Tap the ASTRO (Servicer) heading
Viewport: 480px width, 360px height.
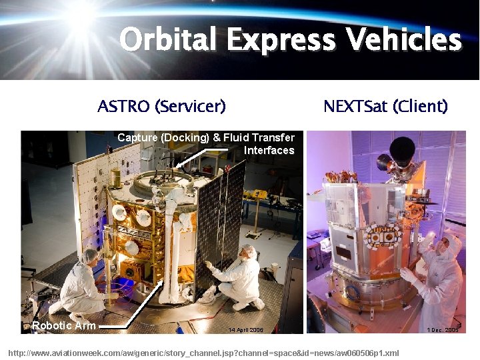pyautogui.click(x=161, y=106)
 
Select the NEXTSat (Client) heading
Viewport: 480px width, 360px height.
pyautogui.click(x=385, y=106)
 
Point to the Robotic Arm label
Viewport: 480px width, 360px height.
pyautogui.click(x=64, y=326)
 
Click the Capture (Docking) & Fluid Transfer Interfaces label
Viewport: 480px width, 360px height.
pyautogui.click(x=206, y=144)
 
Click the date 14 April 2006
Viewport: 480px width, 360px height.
pyautogui.click(x=245, y=329)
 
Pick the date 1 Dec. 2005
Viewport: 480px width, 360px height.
pyautogui.click(x=443, y=329)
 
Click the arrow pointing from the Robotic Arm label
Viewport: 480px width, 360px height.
pyautogui.click(x=133, y=313)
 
